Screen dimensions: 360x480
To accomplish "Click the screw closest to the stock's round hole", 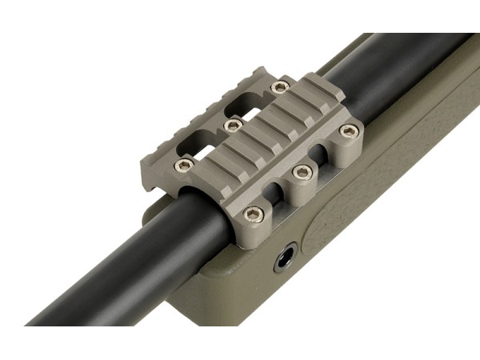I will (254, 214).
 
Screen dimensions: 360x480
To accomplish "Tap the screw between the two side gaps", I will (302, 171).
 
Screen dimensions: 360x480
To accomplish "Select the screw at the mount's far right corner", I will (347, 130).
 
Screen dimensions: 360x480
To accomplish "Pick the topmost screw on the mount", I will (279, 86).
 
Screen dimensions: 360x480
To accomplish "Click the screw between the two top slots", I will (232, 126).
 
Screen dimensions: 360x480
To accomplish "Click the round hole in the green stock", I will (285, 258).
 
